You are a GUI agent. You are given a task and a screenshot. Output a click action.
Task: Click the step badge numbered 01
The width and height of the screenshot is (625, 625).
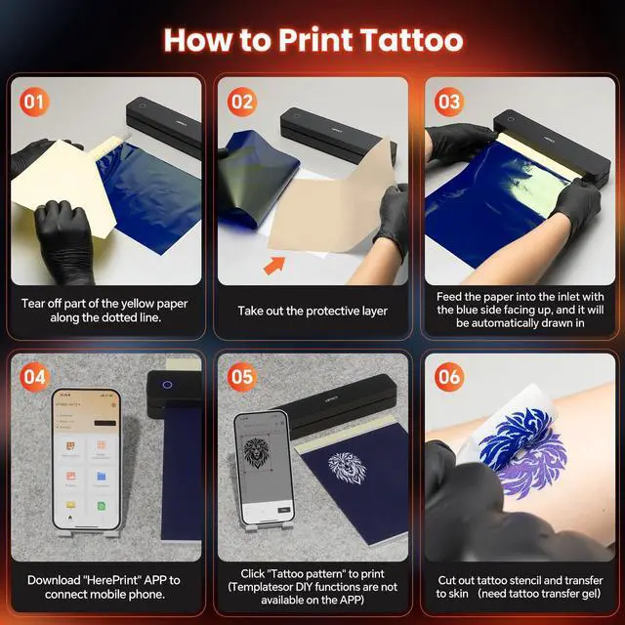pyautogui.click(x=33, y=100)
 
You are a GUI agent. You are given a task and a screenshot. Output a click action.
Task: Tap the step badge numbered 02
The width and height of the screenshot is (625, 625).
pyautogui.click(x=242, y=100)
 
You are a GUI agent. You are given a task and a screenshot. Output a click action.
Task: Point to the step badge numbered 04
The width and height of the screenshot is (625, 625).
pyautogui.click(x=33, y=375)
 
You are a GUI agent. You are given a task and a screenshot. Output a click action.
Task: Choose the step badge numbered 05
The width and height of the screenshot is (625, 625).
pyautogui.click(x=242, y=375)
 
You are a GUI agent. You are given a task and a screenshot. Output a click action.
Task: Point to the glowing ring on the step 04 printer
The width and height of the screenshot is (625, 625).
pyautogui.click(x=167, y=385)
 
